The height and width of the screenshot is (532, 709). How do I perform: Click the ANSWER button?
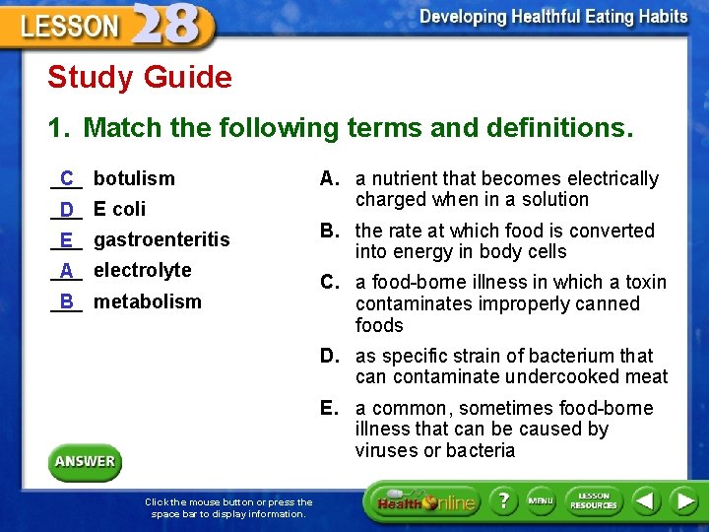click(x=85, y=461)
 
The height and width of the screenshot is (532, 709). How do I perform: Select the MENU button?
click(x=541, y=501)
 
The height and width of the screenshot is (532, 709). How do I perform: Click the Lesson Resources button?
click(x=593, y=501)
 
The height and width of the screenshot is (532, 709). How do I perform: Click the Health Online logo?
click(x=423, y=501)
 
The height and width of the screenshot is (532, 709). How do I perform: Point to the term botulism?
click(x=134, y=178)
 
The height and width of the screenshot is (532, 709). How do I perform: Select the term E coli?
click(x=119, y=209)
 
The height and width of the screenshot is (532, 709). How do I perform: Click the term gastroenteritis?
click(x=161, y=239)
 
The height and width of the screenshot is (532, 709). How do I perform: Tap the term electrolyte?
click(x=142, y=270)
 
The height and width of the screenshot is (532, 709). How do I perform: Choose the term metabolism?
click(x=147, y=301)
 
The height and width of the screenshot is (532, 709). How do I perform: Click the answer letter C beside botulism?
click(x=66, y=178)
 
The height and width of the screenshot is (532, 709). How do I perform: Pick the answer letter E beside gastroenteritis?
click(x=66, y=239)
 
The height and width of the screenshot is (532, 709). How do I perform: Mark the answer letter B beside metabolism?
click(x=66, y=301)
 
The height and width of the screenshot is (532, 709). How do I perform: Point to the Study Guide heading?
click(x=140, y=77)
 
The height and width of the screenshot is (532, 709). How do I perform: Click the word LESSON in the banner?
click(x=69, y=27)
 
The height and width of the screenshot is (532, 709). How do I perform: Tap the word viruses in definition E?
click(x=388, y=450)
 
